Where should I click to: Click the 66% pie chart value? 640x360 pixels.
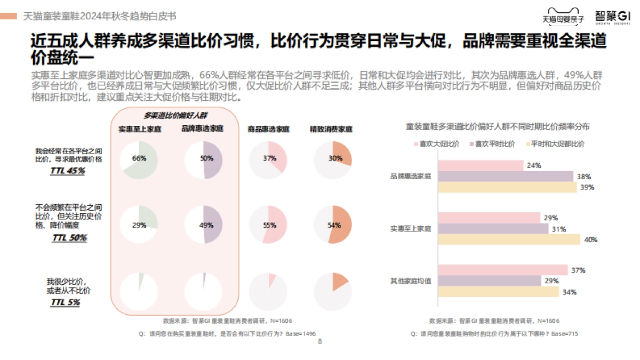[x=139, y=159]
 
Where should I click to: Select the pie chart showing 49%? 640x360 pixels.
[x=203, y=225]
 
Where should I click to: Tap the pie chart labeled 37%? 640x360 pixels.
[x=268, y=159]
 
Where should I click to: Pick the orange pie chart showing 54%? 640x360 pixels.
[x=333, y=225]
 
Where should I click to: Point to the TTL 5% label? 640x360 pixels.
[x=66, y=302]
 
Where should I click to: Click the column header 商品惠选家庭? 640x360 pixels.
[x=268, y=129]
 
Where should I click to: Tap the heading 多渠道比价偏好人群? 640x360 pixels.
[x=175, y=115]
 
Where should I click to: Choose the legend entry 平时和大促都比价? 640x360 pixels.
[x=555, y=144]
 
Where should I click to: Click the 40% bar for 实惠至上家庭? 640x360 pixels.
[x=509, y=240]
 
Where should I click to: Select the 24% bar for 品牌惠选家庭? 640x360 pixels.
[x=480, y=166]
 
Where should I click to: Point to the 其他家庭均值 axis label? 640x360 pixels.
[x=411, y=281]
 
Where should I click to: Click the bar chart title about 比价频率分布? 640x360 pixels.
[x=498, y=126]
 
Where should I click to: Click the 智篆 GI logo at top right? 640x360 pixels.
[x=612, y=16]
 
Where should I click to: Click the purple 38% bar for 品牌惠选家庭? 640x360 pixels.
[x=505, y=177]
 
